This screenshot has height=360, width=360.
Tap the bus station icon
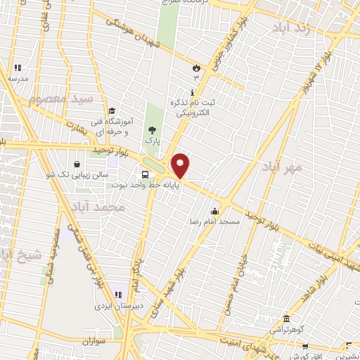click(145, 174)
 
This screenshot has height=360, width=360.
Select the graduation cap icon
click(111, 110)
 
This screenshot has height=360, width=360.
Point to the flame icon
click(196, 68)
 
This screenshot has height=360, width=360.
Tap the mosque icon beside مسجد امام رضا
click(215, 210)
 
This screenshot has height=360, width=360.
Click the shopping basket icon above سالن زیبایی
click(76, 164)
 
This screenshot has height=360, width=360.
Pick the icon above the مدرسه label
click(17, 68)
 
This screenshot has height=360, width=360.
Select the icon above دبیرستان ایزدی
click(118, 295)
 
